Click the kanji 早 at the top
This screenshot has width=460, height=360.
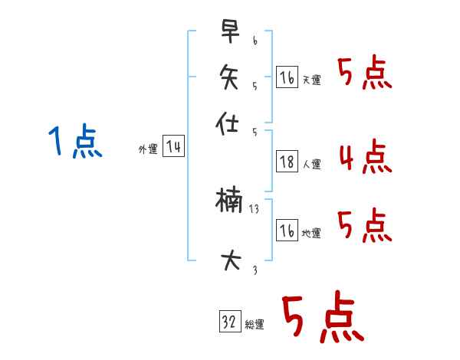(228, 33)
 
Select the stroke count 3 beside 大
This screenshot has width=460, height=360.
(254, 270)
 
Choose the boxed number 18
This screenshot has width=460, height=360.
(286, 162)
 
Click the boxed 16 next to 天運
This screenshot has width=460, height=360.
(286, 78)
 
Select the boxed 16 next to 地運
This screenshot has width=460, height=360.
(286, 231)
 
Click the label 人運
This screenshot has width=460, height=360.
(312, 163)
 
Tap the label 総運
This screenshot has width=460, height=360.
(255, 325)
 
